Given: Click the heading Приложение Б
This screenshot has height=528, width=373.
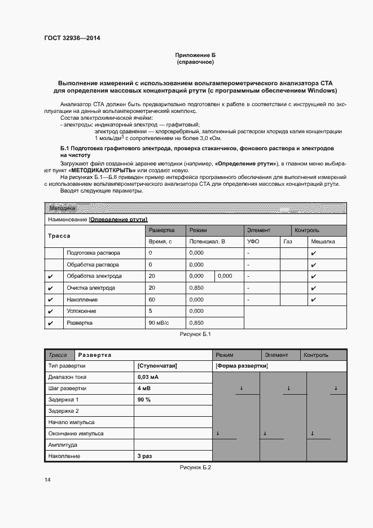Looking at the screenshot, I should [x=195, y=55].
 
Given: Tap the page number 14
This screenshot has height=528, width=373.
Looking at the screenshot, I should [x=47, y=479].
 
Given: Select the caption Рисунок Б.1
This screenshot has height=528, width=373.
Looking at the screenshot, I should [x=195, y=335].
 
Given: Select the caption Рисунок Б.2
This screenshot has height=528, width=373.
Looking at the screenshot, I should [x=195, y=467].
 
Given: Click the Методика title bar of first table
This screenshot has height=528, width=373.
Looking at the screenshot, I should [x=63, y=208].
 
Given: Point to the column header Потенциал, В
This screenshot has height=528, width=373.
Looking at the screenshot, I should [x=207, y=241].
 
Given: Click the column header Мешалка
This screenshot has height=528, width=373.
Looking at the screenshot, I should [x=323, y=241].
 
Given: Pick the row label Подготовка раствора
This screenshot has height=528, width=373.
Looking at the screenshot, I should [x=93, y=253].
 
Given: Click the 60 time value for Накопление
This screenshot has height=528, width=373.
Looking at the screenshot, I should [x=151, y=300].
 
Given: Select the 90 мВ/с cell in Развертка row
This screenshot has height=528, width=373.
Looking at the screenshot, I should [x=159, y=323].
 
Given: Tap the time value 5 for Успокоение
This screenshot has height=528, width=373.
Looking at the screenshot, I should [x=150, y=311].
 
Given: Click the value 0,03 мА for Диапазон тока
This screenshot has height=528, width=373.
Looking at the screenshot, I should [x=148, y=377].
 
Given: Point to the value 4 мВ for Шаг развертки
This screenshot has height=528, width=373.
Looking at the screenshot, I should [x=144, y=389].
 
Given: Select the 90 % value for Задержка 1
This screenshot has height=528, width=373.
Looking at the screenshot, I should [x=144, y=400].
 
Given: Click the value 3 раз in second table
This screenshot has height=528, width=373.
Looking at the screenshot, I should [x=145, y=456].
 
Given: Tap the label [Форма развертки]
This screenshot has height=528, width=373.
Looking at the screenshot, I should [x=242, y=366].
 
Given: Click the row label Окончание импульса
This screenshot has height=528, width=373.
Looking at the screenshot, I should [x=76, y=434].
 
